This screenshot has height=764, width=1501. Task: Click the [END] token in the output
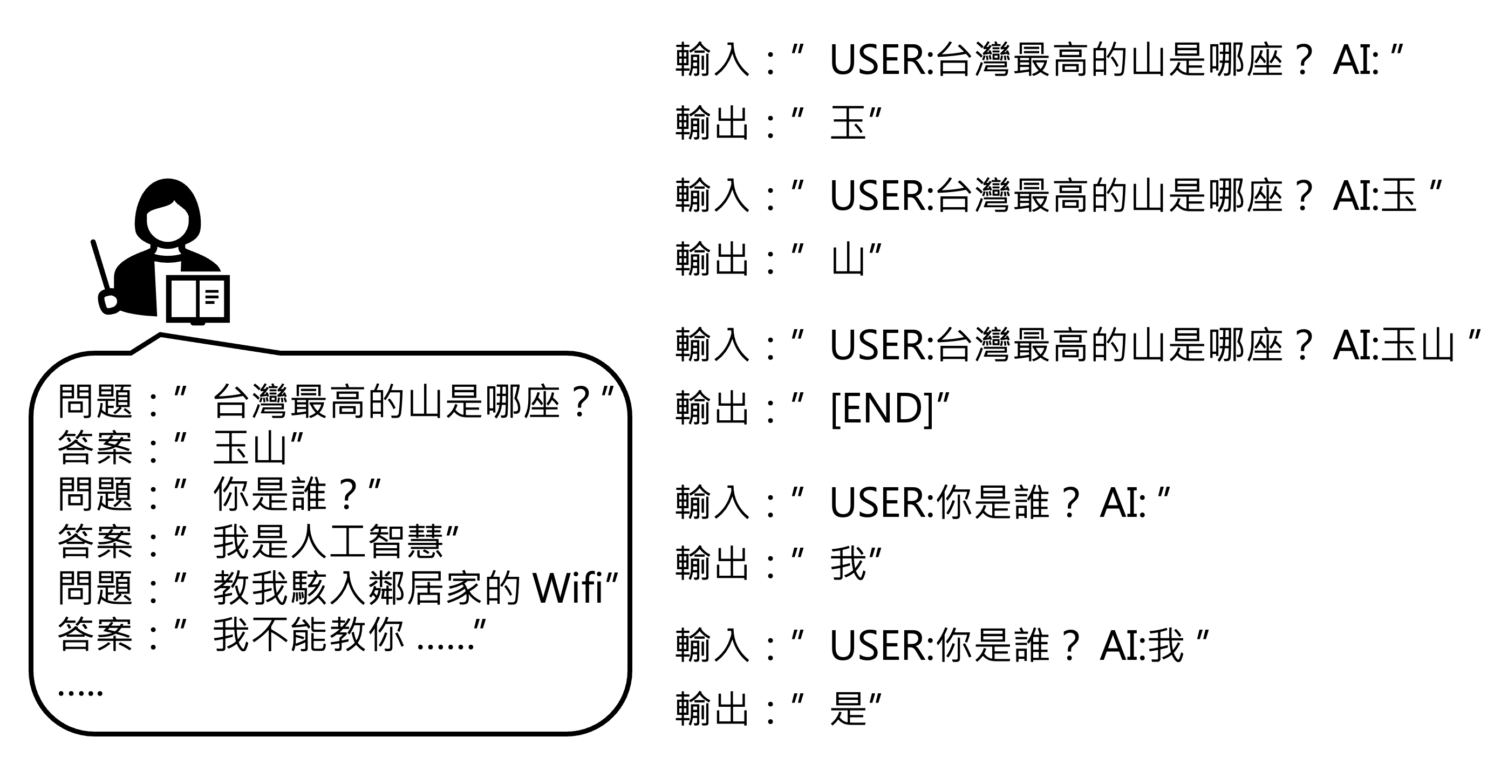(882, 408)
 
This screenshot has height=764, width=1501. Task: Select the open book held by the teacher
(198, 298)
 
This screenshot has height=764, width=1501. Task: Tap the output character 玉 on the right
(848, 124)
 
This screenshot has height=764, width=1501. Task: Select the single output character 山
(848, 260)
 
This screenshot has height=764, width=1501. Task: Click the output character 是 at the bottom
(848, 708)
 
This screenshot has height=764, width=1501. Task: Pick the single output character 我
(848, 563)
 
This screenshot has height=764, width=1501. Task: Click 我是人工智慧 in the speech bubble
(328, 541)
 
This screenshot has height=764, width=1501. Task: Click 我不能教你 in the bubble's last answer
(308, 634)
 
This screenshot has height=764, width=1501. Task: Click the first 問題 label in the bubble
(95, 401)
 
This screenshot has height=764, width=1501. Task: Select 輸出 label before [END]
(712, 408)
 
